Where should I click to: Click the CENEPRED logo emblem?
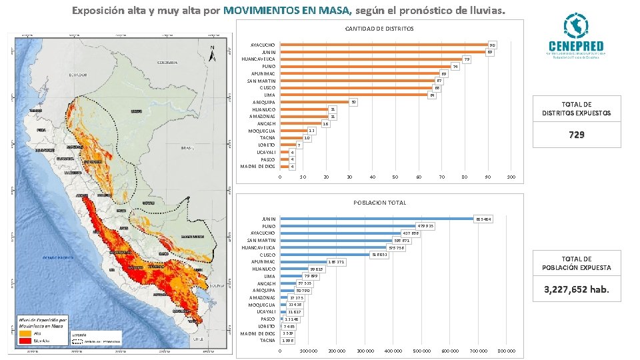point(574,27)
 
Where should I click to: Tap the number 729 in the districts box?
point(577,135)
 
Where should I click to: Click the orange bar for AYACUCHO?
point(383,45)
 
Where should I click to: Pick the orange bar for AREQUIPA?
point(315,102)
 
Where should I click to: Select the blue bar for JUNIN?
point(376,219)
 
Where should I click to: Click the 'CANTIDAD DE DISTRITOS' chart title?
point(379,29)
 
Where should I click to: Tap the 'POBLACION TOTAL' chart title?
point(379,203)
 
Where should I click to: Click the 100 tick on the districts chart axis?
point(511,177)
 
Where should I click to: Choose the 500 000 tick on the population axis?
point(422,350)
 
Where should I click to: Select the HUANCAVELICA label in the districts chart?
point(259,59)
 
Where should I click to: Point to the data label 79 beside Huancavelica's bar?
point(467,59)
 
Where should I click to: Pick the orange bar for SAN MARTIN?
point(357,81)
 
